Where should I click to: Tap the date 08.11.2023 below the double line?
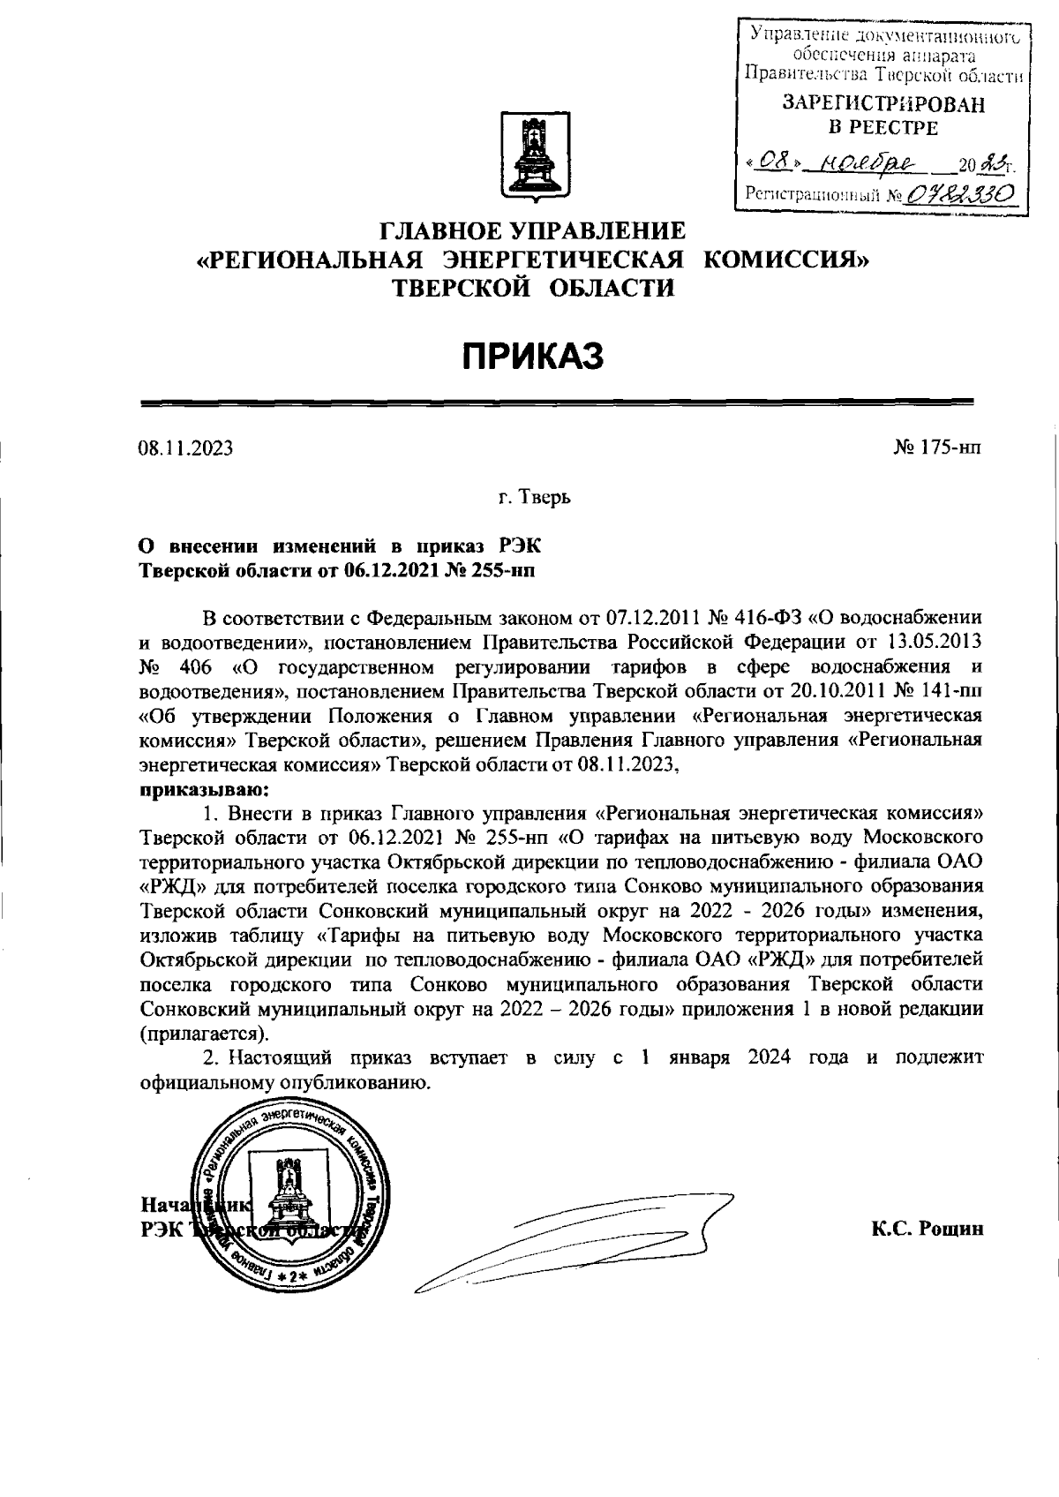tap(185, 448)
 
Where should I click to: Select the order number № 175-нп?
tap(937, 448)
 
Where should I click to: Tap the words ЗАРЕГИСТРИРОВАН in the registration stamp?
tap(883, 105)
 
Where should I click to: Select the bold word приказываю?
tap(204, 787)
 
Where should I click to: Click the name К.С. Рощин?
tap(927, 1229)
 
